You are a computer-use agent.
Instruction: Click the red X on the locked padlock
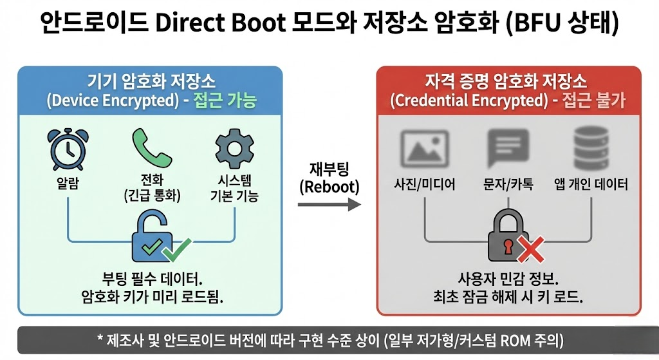click(x=531, y=250)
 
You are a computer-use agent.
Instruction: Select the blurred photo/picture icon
click(x=424, y=147)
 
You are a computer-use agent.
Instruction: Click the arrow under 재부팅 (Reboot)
click(x=329, y=204)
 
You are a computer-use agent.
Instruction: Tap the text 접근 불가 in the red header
click(x=595, y=101)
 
